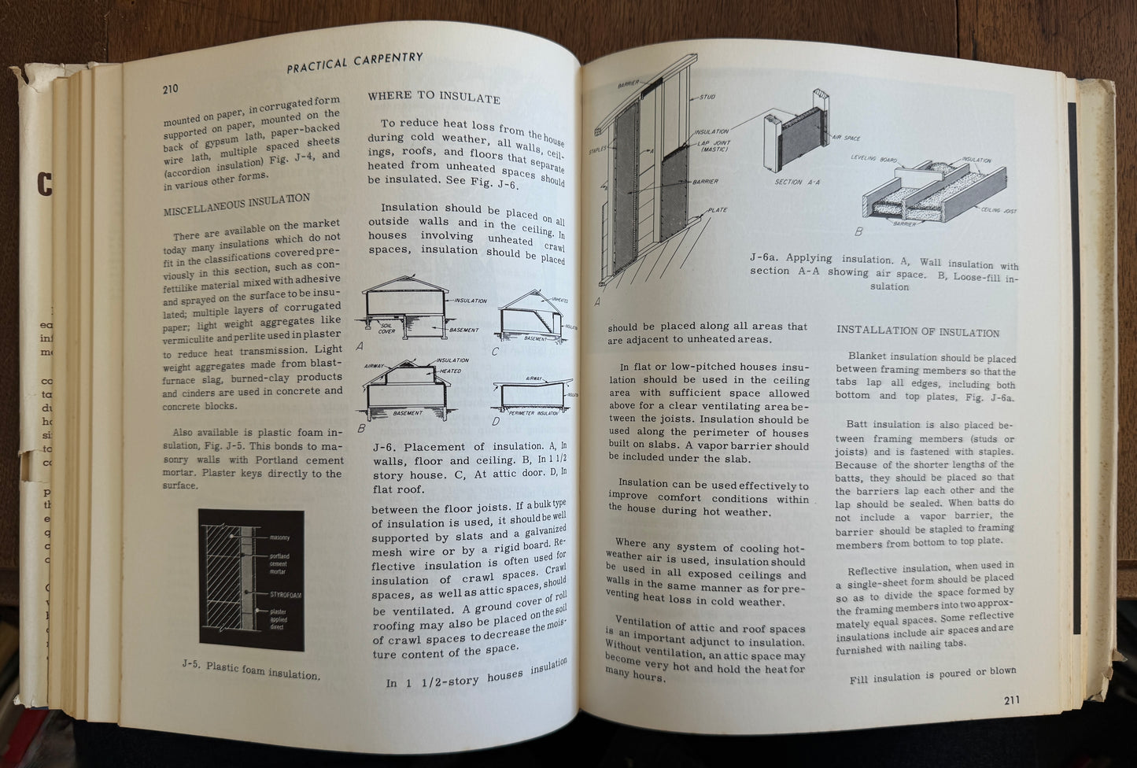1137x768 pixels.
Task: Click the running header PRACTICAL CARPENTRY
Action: (x=355, y=62)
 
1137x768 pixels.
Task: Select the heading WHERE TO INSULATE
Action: (x=434, y=99)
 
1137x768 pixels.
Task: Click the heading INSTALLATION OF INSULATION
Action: (x=917, y=332)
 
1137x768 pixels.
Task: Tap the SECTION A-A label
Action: (x=799, y=182)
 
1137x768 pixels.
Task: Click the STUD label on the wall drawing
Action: (x=707, y=98)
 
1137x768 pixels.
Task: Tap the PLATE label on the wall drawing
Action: (x=716, y=210)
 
